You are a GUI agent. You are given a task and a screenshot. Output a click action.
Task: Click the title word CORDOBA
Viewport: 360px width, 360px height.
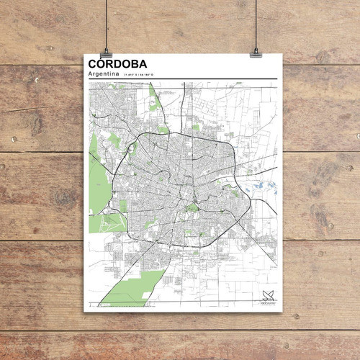click(117, 65)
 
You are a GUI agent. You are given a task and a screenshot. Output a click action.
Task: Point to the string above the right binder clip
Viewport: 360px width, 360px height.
click(256, 22)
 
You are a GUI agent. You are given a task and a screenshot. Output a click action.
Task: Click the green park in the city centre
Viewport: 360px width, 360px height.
click(192, 208)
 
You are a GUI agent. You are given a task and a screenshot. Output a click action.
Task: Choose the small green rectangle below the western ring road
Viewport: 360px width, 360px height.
click(123, 206)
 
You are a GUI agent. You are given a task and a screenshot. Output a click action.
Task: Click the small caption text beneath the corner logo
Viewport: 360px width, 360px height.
click(269, 303)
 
